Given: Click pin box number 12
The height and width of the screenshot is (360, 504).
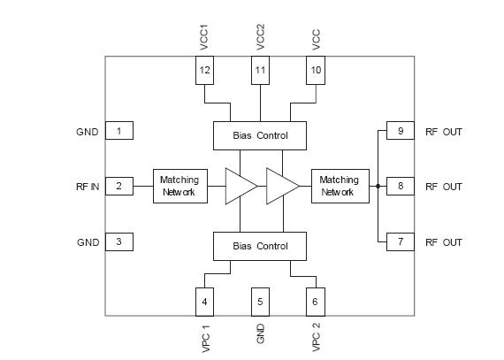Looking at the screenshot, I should point(205,71).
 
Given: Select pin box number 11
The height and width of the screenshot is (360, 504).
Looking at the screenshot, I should point(260,71).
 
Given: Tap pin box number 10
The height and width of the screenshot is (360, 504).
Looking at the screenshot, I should point(316,71).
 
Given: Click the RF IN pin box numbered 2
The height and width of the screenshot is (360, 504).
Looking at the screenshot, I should point(118,186).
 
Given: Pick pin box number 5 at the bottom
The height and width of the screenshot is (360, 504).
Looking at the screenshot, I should point(260,302).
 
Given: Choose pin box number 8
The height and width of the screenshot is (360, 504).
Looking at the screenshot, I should point(400,186).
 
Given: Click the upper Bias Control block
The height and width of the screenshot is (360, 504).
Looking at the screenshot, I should point(260,135).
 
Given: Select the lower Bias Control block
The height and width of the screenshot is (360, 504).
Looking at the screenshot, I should point(260,246).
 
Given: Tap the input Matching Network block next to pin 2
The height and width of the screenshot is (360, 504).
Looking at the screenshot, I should point(179,186).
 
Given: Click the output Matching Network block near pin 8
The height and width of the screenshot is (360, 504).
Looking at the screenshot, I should point(339,186).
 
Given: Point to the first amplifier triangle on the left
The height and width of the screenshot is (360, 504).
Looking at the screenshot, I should point(240,186).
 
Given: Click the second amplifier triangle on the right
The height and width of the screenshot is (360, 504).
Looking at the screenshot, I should point(282,186).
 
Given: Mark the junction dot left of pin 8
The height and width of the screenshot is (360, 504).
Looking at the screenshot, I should point(378,186).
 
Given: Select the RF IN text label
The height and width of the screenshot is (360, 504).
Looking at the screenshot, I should point(88,187).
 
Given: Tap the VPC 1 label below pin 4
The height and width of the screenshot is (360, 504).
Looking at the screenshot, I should point(205,340).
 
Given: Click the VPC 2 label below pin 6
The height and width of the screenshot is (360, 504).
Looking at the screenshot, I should point(316,340).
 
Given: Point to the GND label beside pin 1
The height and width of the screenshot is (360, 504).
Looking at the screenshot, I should point(88,132).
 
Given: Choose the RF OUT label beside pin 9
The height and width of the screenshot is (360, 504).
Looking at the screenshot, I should point(443,132).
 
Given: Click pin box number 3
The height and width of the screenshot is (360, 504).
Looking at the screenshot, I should point(118,241).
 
